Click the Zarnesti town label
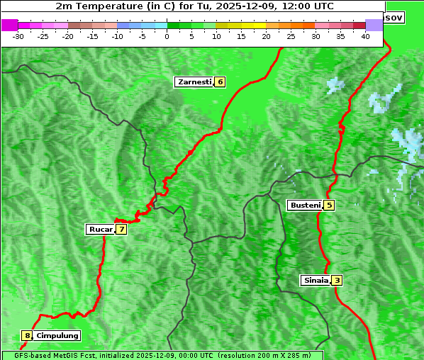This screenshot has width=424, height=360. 194,82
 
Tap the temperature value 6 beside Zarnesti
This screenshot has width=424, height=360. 221,82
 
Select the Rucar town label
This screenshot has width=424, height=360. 101,230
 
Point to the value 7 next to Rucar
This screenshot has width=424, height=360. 122,230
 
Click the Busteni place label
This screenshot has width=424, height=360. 305,206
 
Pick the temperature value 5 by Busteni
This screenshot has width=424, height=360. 329,206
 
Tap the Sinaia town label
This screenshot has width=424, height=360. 316,281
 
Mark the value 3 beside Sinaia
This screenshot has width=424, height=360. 337,281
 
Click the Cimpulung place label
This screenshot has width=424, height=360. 57,336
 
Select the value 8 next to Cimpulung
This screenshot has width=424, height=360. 27,336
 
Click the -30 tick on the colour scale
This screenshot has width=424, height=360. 18,36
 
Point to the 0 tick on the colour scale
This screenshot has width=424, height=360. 167,36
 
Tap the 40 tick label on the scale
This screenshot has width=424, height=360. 365,36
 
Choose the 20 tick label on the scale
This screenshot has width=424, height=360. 266,36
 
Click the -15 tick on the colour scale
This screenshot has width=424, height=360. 93,36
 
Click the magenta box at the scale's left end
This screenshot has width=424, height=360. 9,25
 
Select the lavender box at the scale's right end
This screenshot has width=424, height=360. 374,25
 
